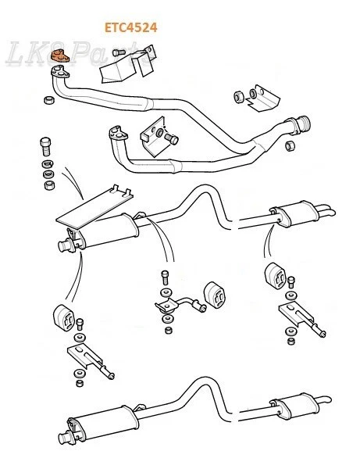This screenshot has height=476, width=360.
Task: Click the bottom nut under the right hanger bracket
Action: tap(291, 341)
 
